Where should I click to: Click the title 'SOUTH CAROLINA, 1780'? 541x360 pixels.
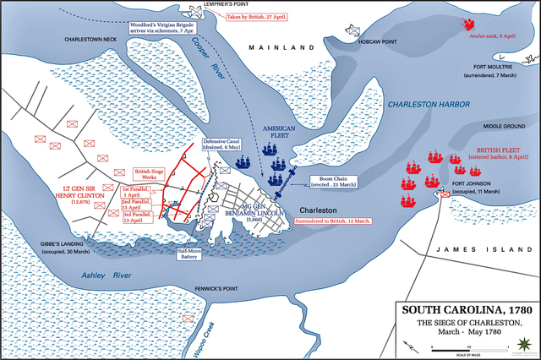click(461, 309)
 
